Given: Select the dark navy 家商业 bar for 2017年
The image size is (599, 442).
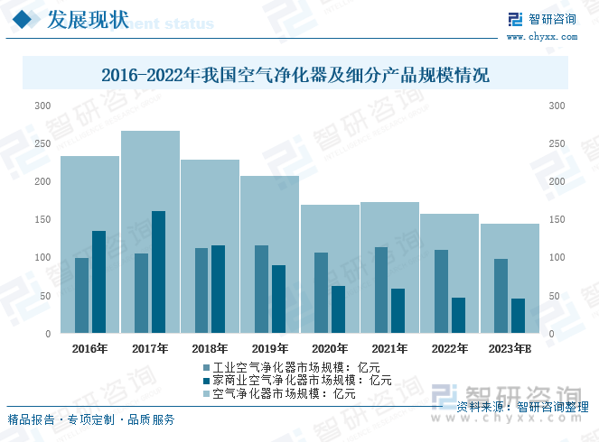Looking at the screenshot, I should coord(158,272).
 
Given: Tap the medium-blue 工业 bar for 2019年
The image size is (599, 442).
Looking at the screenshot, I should coord(261,289).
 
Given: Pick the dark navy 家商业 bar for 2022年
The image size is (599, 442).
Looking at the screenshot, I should coord(458,315).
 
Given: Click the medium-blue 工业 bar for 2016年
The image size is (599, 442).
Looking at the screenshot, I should coord(81,295).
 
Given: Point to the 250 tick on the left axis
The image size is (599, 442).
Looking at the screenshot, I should coord(42,144).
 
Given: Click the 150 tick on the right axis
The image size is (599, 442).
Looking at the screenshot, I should coord(557,220).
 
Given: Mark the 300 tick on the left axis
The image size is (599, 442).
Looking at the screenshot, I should coord(42,106).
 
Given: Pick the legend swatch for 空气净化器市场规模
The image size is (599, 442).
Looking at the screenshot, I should coord(207,393).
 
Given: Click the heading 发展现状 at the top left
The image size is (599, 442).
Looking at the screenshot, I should coord(87,19).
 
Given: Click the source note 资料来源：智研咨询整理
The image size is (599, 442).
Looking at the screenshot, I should coord(517,408).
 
